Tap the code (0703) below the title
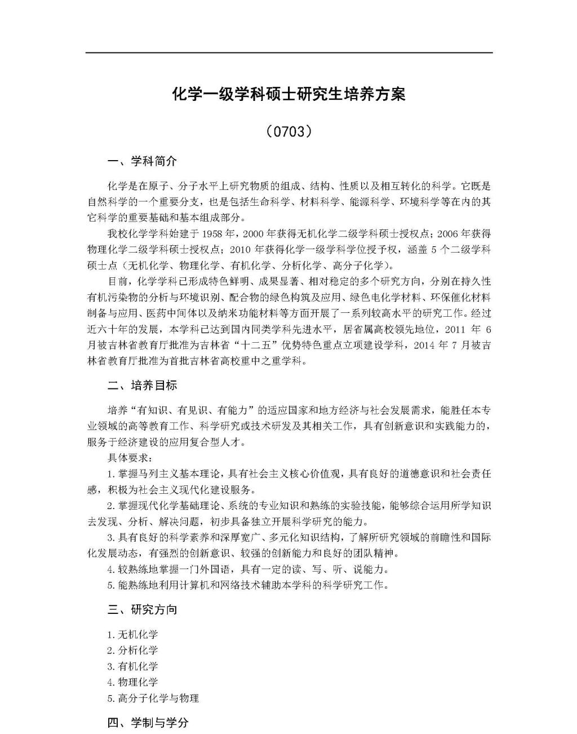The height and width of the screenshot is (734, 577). tap(288, 131)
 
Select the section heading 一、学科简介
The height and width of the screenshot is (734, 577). tap(142, 161)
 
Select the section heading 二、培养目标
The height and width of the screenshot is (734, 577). tap(142, 386)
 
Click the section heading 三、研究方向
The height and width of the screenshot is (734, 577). tap(142, 609)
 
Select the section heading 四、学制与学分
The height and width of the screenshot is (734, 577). tap(148, 722)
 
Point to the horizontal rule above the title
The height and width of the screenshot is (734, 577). tap(288, 53)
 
